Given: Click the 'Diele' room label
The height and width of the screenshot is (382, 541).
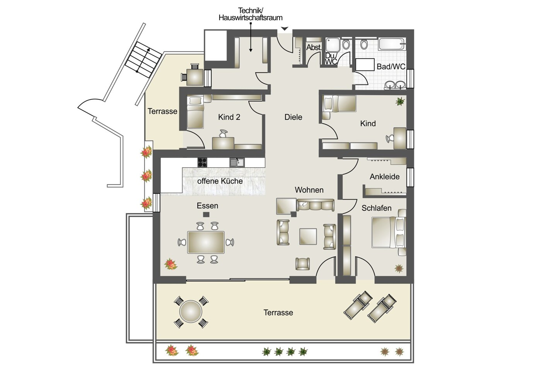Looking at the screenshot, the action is (293, 117).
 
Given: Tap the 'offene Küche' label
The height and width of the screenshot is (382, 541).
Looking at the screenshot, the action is (220, 181).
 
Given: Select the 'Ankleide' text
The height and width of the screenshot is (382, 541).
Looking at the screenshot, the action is (384, 177).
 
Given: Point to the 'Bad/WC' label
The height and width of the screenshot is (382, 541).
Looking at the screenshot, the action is (391, 67).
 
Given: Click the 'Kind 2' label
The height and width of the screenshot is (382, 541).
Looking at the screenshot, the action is (229, 117).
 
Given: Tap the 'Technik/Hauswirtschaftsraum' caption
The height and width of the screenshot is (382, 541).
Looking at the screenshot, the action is (251, 14).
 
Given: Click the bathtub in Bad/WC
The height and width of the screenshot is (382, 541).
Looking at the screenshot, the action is (392, 44).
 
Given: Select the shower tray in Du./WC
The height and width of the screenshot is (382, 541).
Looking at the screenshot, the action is (333, 45).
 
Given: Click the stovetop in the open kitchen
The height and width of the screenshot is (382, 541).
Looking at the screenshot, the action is (202, 162).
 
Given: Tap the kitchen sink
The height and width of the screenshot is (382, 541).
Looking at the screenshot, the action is (237, 162).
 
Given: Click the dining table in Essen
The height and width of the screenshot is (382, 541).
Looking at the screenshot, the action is (206, 242).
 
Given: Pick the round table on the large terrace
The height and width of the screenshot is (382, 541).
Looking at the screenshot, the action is (191, 312).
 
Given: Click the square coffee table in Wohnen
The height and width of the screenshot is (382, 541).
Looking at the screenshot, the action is (308, 236).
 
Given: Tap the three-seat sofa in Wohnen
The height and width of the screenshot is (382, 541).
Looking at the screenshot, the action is (316, 205).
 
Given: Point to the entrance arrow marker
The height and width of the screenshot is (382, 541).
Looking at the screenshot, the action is (285, 29).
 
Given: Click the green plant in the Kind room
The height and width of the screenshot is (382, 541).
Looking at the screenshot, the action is (400, 101).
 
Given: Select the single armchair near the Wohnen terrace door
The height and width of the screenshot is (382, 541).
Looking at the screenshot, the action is (303, 264).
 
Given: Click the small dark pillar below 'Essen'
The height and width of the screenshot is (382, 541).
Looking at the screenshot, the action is (206, 215).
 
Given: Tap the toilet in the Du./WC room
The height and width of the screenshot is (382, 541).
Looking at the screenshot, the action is (346, 44).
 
